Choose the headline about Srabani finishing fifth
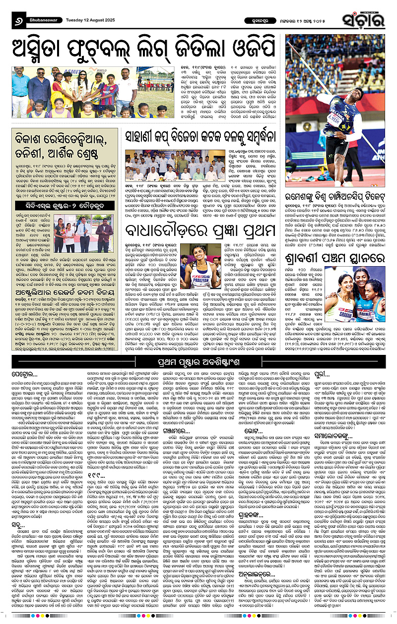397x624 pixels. click(x=339, y=258)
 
